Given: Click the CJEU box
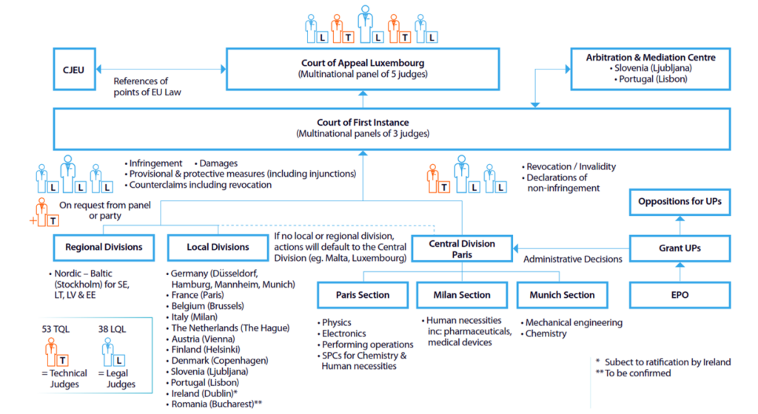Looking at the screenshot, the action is pos(75,69).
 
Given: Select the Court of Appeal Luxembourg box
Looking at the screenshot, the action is pos(363,69).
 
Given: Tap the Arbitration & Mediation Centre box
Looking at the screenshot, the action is pos(650,69).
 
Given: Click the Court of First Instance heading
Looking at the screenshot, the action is pos(363,123).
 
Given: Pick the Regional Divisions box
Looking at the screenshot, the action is pos(104,248).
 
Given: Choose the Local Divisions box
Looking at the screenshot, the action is pos(218,248).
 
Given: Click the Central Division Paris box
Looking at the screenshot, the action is pos(462,248).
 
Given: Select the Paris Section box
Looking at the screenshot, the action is pos(363,295).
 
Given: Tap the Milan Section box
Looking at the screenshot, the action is pos(462,295).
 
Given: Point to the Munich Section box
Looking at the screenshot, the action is pos(563,295).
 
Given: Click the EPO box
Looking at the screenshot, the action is pos(680,295).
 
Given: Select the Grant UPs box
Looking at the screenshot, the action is pos(680,248).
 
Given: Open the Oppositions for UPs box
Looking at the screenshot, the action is pos(680,202).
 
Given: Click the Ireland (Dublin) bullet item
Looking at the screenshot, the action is pos(202,393).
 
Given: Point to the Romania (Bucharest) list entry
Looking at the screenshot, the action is pos(214,404).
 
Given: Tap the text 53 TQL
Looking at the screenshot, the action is pos(56,329).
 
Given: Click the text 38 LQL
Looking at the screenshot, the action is pos(113,329).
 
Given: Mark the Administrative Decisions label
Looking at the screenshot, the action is pos(573,259).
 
